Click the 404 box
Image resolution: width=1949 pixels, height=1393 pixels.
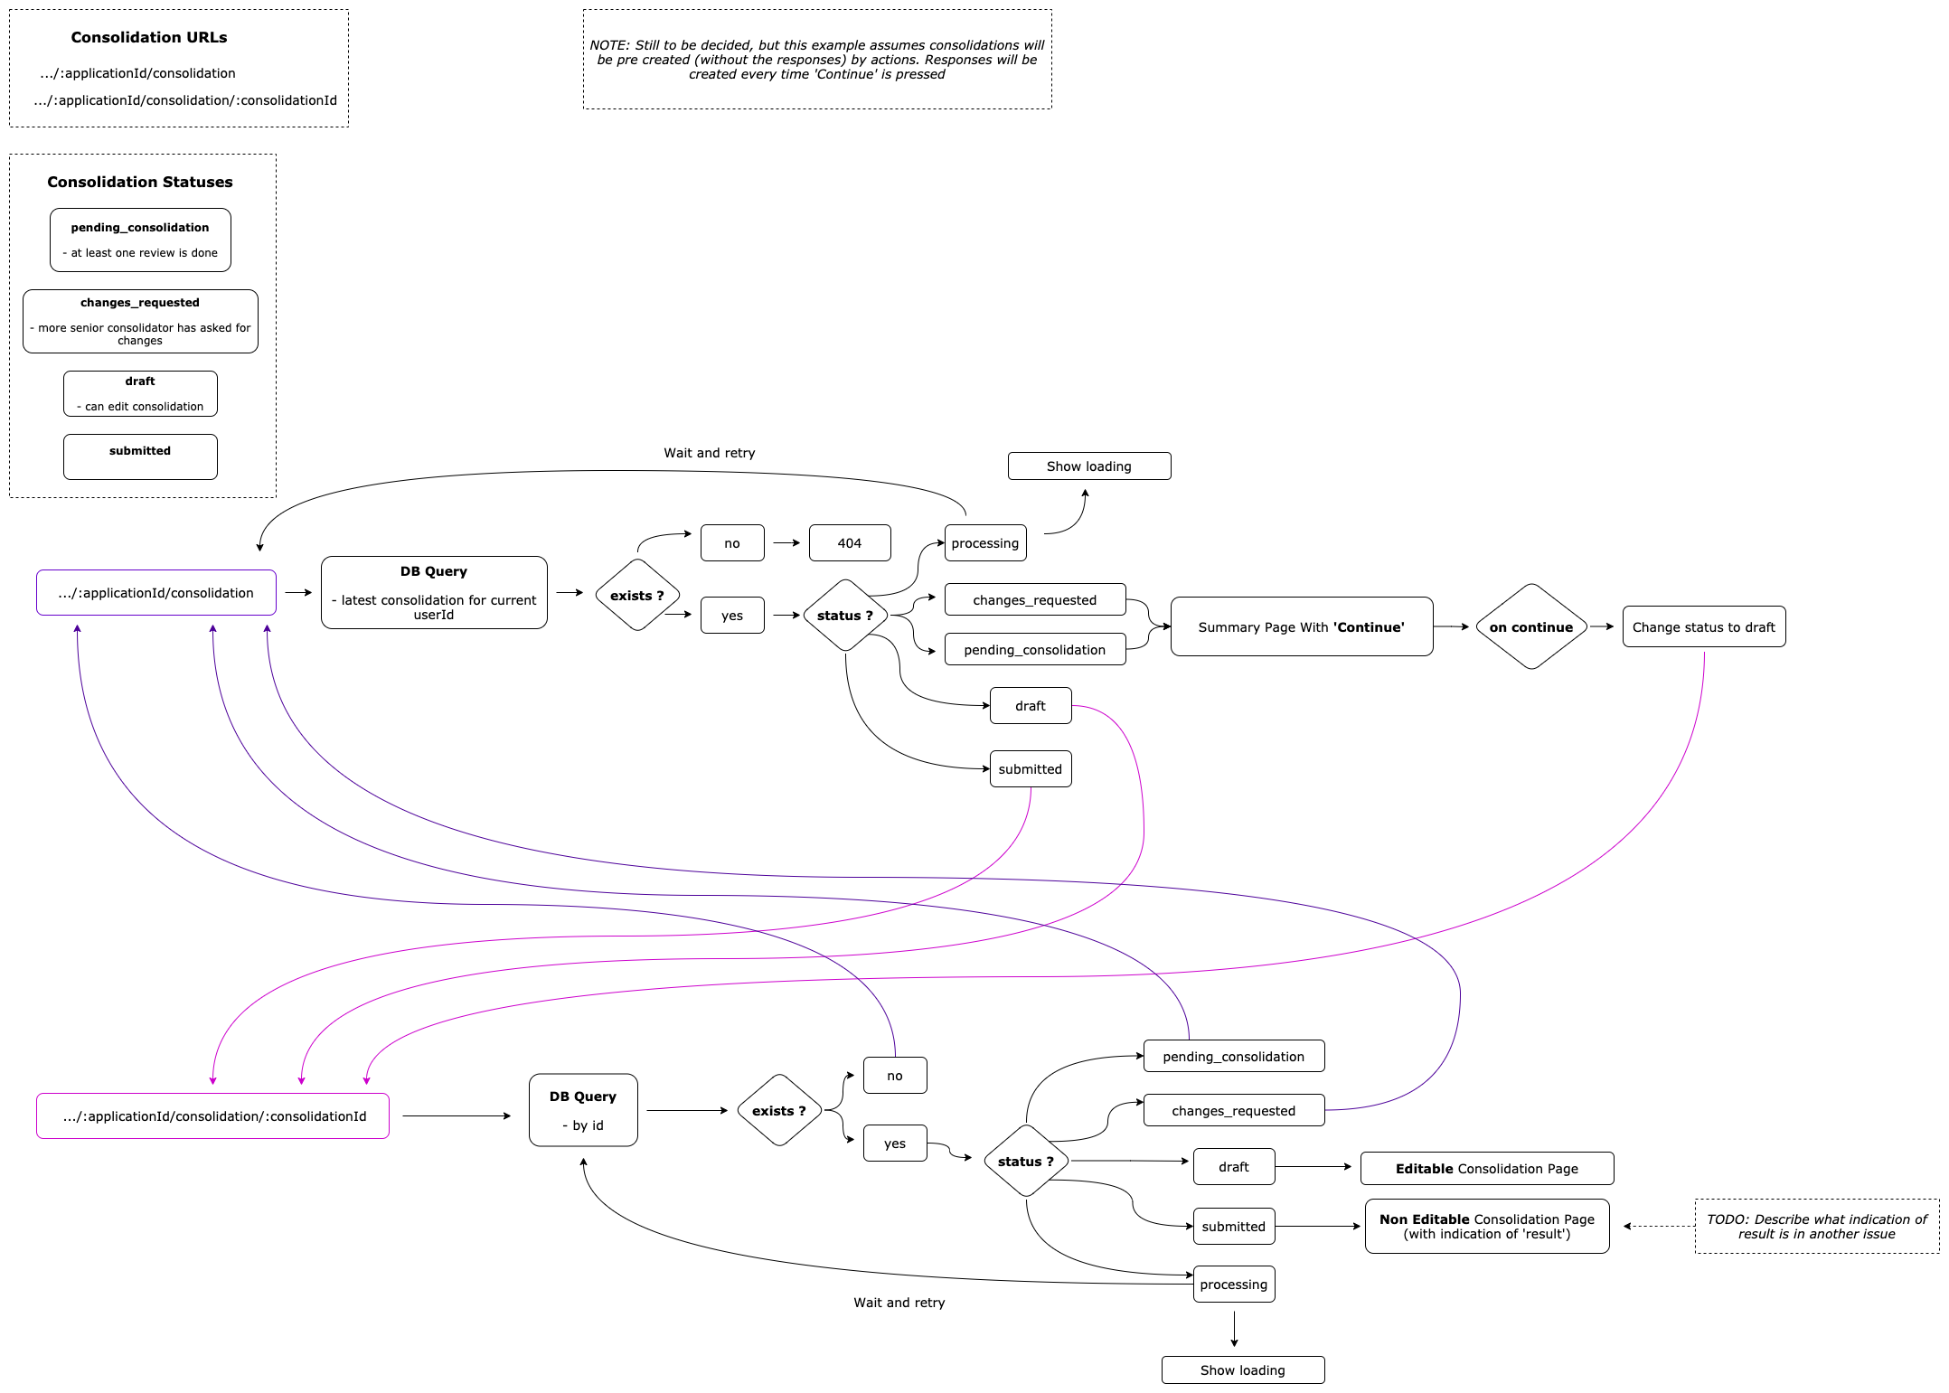[849, 542]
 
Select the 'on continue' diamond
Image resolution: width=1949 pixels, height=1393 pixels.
[1530, 626]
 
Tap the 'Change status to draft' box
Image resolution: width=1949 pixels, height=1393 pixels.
[1703, 626]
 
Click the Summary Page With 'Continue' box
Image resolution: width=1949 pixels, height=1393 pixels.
[1301, 626]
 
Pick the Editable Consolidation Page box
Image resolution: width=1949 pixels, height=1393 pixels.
[1486, 1168]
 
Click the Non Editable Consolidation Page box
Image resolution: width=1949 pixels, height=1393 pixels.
[1486, 1226]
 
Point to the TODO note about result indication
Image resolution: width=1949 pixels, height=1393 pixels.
[1816, 1226]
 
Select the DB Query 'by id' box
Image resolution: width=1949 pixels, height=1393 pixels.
[582, 1110]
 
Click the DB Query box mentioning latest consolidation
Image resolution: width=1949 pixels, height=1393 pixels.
[433, 592]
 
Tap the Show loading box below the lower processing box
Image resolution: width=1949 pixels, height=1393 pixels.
[1242, 1369]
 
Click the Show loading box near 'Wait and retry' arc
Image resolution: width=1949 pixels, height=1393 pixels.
[1088, 466]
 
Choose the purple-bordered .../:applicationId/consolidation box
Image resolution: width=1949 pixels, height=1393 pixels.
[155, 592]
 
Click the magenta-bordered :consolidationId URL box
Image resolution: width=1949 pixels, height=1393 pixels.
[212, 1115]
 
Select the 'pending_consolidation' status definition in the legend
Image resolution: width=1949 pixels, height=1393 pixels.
[140, 240]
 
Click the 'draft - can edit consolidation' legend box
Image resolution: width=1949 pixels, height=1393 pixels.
[140, 393]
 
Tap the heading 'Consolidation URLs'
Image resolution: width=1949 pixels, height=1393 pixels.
[149, 37]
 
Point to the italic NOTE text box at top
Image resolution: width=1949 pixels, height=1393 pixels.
[816, 60]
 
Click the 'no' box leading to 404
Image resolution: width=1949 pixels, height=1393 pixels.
[731, 542]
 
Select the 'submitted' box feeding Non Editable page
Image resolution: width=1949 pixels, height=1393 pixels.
[1233, 1226]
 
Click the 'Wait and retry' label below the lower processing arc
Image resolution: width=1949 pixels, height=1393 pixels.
[899, 1302]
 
